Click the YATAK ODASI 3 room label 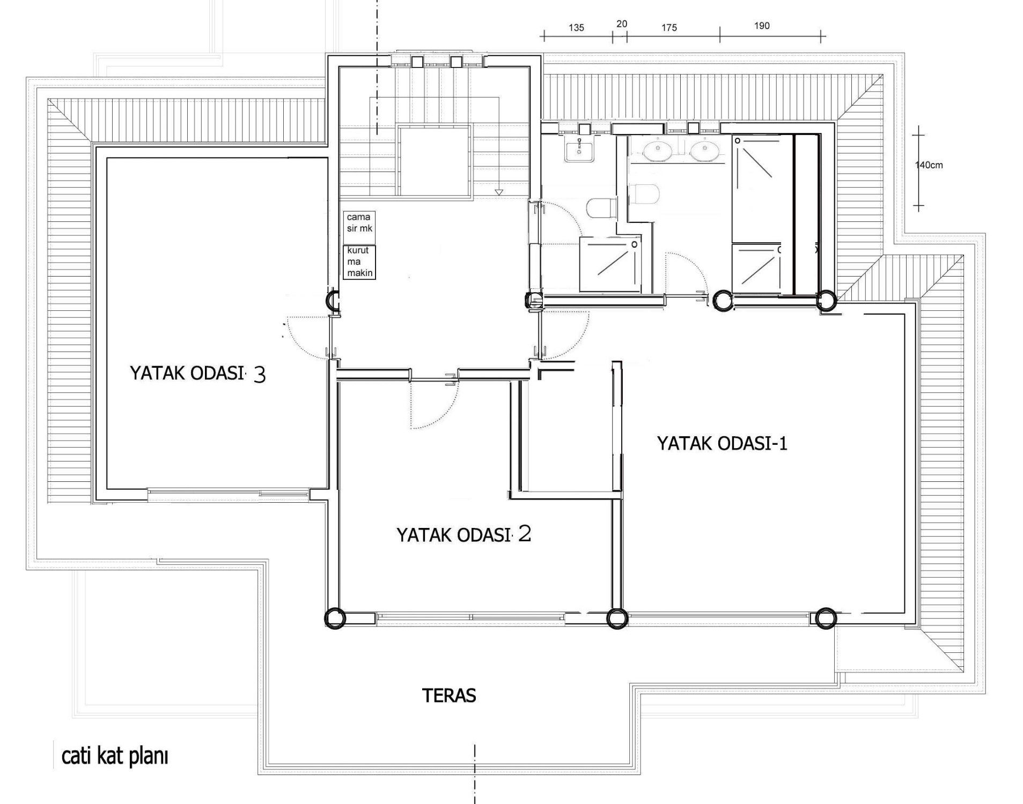[197, 373]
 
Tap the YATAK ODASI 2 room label [463, 534]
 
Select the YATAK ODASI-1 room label [722, 443]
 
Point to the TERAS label [449, 695]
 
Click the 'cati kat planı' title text [115, 756]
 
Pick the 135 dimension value [576, 28]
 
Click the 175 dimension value [669, 28]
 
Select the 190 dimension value [762, 26]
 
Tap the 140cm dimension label [929, 165]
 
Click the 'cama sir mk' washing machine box [359, 223]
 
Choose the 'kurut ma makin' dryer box [359, 262]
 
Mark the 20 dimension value [622, 24]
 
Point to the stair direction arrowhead [499, 191]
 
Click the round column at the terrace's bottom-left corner [335, 618]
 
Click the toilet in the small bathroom [600, 208]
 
